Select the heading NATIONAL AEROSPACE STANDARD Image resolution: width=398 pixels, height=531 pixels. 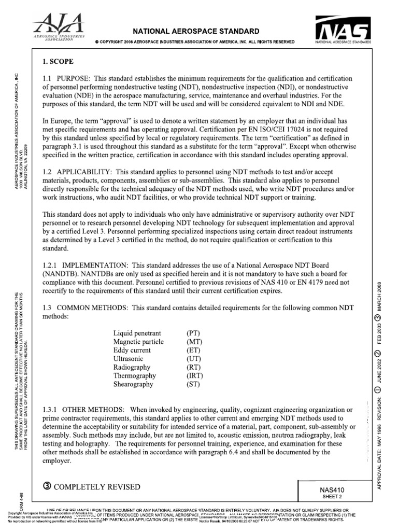coord(194,31)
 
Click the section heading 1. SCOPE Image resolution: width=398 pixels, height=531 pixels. coord(58,61)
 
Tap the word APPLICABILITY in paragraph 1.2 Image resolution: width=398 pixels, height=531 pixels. coord(84,171)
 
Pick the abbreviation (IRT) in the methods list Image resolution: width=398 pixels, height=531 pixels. coord(194,375)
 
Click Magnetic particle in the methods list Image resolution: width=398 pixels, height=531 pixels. coord(138,341)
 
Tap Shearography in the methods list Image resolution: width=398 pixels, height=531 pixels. coord(133,384)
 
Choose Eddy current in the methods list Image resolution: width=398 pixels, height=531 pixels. coord(132,350)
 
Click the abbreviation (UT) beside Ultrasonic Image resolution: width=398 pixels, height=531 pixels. coord(193,358)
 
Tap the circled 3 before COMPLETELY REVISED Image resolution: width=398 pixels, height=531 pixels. coord(47,486)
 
